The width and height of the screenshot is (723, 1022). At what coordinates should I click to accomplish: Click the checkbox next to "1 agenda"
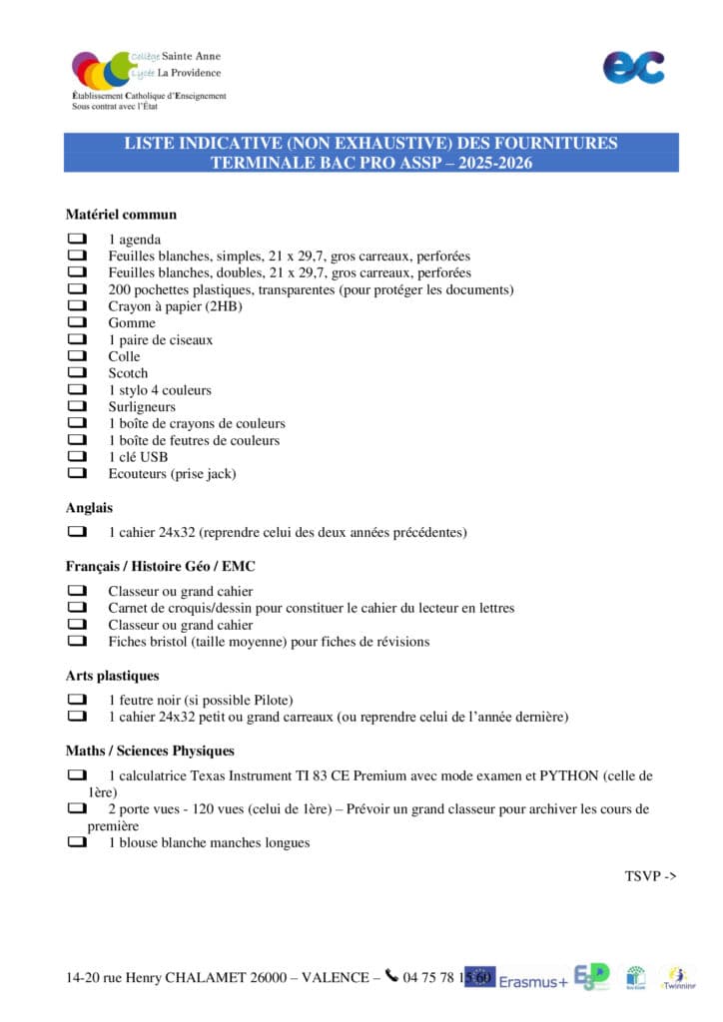[77, 240]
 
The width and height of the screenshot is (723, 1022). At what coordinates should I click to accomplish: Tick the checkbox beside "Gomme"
[77, 323]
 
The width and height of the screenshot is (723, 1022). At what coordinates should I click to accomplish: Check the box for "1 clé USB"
[77, 457]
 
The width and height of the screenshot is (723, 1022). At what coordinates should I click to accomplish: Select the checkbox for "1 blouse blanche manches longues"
[77, 842]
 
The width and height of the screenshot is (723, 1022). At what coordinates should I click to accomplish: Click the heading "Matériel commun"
[121, 214]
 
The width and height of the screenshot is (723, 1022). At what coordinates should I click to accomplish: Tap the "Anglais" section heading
[89, 507]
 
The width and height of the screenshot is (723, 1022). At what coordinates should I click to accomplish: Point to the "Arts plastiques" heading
[112, 676]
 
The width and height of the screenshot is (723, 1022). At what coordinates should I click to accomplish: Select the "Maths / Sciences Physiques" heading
[150, 751]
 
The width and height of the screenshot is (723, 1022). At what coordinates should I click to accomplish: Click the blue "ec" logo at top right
[633, 67]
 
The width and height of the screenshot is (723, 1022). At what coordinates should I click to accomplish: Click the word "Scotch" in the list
[128, 373]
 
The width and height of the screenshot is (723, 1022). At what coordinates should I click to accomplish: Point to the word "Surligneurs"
[142, 407]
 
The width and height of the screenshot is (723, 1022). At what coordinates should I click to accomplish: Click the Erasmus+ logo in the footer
[532, 980]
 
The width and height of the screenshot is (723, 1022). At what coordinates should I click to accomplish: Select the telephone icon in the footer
[391, 976]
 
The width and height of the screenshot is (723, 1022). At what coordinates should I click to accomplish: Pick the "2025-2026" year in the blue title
[488, 163]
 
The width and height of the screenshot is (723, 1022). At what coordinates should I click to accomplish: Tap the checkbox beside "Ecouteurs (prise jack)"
[77, 474]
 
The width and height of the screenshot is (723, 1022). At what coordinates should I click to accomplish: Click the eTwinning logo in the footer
[678, 978]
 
